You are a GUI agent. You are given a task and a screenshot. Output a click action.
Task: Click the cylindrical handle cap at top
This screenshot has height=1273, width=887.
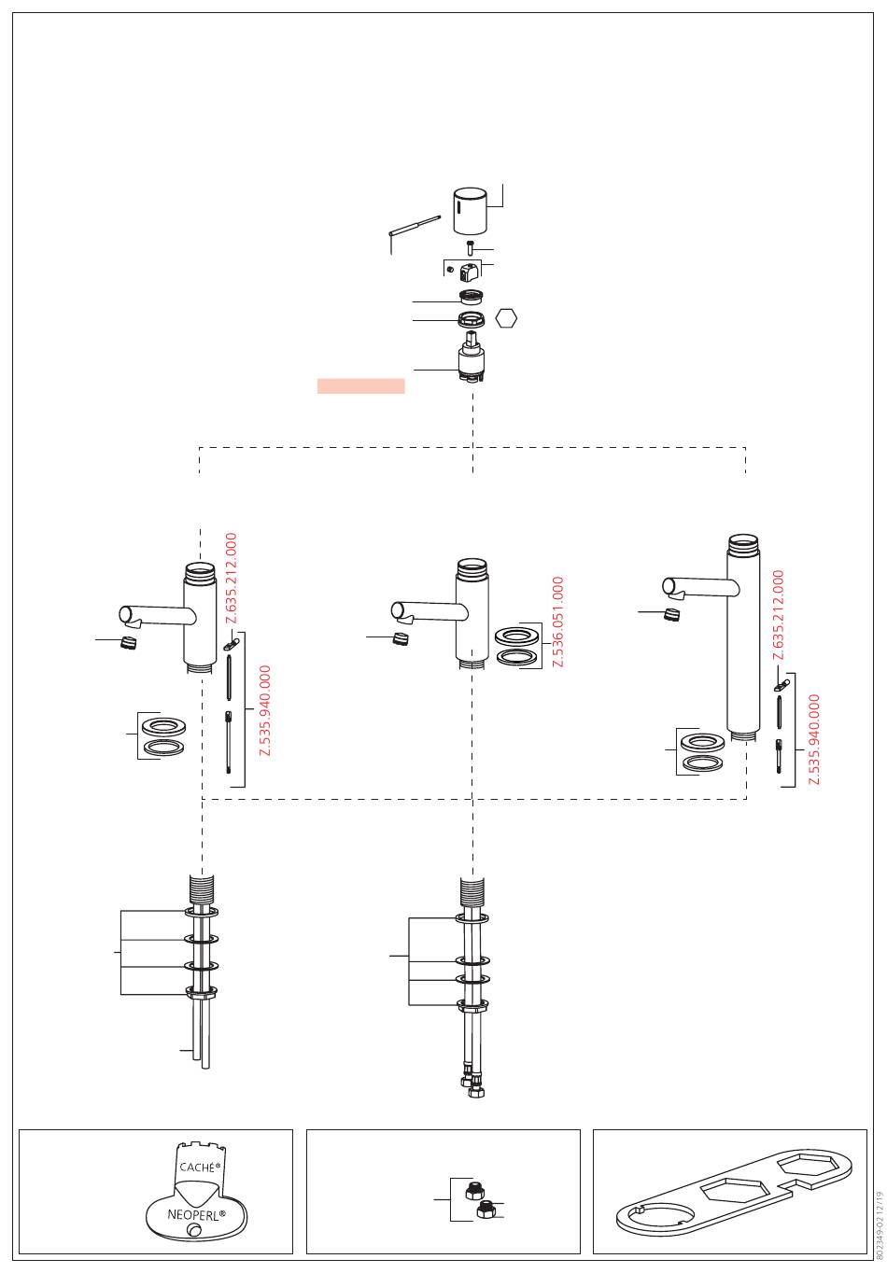click(x=470, y=211)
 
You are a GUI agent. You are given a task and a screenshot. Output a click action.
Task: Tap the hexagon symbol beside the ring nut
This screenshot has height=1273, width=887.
click(x=505, y=318)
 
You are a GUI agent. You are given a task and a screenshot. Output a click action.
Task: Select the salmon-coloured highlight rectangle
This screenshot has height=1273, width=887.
click(x=360, y=385)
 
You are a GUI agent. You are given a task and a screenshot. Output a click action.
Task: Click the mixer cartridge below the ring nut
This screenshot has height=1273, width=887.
click(x=471, y=358)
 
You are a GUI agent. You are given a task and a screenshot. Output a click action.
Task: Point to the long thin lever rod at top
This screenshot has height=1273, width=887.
click(x=415, y=225)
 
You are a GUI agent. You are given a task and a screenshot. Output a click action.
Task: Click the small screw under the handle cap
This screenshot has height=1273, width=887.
click(x=470, y=247)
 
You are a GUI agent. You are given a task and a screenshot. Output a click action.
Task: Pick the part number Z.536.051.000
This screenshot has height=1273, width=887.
click(x=557, y=622)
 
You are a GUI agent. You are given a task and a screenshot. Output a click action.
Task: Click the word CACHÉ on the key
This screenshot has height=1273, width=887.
click(x=197, y=1168)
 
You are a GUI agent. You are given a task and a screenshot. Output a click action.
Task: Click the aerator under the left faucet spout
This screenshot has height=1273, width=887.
click(x=129, y=643)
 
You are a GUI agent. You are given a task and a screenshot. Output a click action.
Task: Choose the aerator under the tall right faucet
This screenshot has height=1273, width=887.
click(x=672, y=614)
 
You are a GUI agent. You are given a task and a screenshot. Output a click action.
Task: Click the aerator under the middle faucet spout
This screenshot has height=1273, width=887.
click(x=401, y=638)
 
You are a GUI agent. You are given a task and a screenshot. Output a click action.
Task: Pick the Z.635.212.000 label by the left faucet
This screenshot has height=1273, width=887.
click(x=231, y=578)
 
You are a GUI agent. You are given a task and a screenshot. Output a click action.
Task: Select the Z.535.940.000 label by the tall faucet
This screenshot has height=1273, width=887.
click(x=813, y=739)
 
